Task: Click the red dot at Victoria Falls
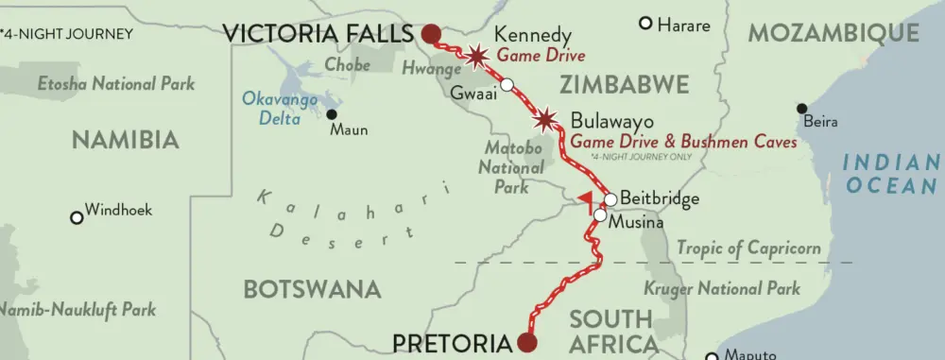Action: pyautogui.click(x=430, y=35)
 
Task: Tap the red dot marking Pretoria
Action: pyautogui.click(x=527, y=342)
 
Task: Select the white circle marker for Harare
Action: pyautogui.click(x=646, y=24)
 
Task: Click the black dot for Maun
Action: pyautogui.click(x=332, y=114)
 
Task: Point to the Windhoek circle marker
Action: pyautogui.click(x=77, y=217)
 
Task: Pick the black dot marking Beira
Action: pyautogui.click(x=801, y=108)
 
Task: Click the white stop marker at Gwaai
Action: pyautogui.click(x=507, y=85)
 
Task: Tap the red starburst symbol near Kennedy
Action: pyautogui.click(x=476, y=56)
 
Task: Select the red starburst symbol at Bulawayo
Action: pyautogui.click(x=545, y=120)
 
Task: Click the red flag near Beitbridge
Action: pyautogui.click(x=587, y=198)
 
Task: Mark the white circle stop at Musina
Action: pyautogui.click(x=600, y=215)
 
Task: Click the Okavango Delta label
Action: pyautogui.click(x=271, y=108)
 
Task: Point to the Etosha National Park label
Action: pyautogui.click(x=116, y=84)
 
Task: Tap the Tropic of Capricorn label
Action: pyautogui.click(x=748, y=249)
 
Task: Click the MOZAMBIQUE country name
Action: pyautogui.click(x=833, y=33)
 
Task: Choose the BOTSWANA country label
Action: pyautogui.click(x=312, y=288)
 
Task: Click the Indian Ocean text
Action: pyautogui.click(x=892, y=173)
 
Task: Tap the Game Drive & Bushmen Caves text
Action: pyautogui.click(x=683, y=141)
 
